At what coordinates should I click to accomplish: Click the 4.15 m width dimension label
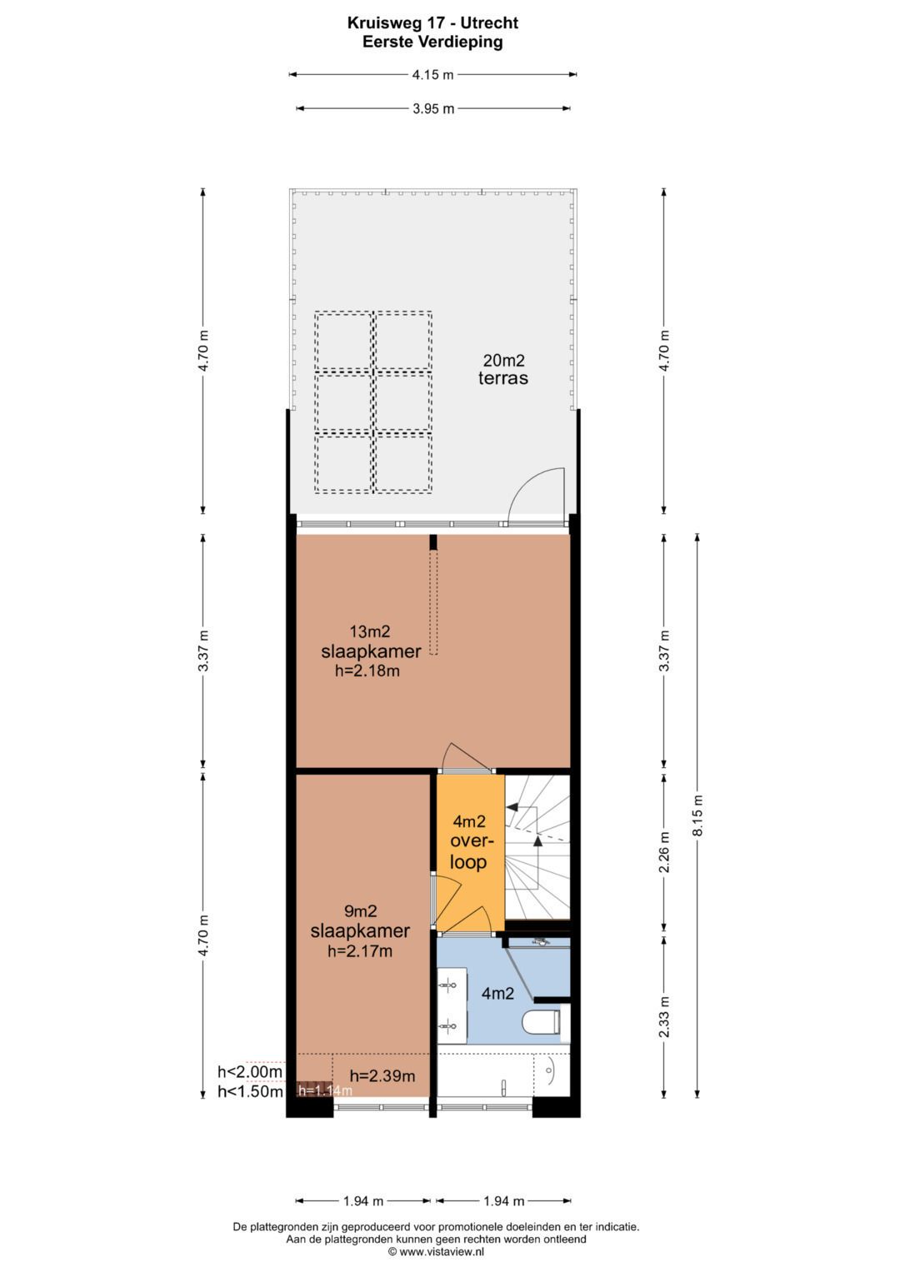[433, 75]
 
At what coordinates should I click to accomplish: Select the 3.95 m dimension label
[433, 108]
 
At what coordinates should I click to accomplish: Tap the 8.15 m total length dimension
[697, 815]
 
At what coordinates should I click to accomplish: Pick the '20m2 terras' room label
[503, 369]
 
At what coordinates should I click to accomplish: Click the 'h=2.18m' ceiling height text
[367, 671]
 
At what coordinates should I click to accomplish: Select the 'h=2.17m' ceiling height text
[360, 951]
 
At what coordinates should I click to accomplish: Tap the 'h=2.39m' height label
[382, 1075]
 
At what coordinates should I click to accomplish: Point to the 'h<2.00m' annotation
[250, 1071]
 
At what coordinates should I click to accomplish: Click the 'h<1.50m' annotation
[250, 1091]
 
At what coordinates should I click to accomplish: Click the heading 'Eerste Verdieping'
[433, 42]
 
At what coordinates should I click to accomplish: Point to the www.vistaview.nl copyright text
[436, 1251]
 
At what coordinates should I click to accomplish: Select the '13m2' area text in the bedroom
[370, 631]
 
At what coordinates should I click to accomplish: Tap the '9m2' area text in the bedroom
[361, 911]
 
